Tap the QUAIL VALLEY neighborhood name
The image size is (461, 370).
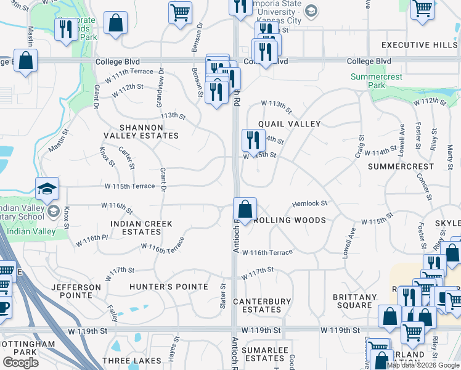click(x=289, y=124)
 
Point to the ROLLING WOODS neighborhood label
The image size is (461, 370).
click(x=289, y=220)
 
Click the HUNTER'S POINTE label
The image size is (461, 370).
click(x=169, y=287)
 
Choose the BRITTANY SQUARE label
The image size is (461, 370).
click(x=354, y=302)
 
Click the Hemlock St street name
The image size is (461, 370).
click(x=309, y=203)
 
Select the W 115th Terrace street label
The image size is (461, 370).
click(x=128, y=186)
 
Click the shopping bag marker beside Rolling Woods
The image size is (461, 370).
click(x=245, y=208)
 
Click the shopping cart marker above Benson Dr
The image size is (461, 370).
click(x=180, y=12)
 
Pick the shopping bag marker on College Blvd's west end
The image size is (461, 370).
click(x=25, y=61)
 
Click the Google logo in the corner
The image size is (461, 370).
click(x=20, y=363)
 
